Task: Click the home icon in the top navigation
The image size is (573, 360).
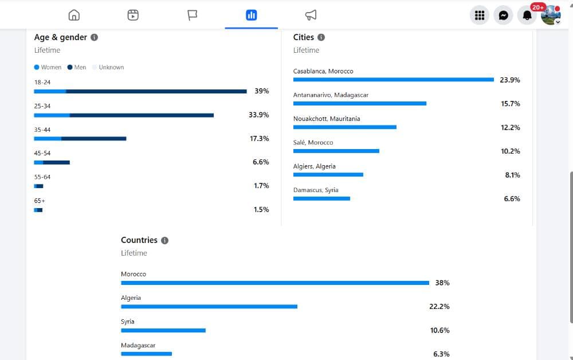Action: click(x=74, y=15)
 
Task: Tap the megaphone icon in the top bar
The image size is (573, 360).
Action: click(x=311, y=15)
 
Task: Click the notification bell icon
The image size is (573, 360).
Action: click(x=527, y=15)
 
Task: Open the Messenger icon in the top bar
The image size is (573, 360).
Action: click(x=503, y=15)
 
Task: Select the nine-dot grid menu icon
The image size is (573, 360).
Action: click(x=480, y=15)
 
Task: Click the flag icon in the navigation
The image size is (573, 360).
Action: click(x=192, y=15)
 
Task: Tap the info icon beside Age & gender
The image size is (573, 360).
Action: click(x=95, y=37)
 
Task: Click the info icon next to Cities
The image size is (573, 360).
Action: click(x=321, y=37)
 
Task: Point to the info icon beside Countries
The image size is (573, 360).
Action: click(x=165, y=241)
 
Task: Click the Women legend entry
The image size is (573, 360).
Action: click(x=48, y=67)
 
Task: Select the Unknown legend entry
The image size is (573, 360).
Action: click(x=108, y=67)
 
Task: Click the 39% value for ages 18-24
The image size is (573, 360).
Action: click(x=262, y=91)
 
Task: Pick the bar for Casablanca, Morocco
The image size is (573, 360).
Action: click(x=394, y=80)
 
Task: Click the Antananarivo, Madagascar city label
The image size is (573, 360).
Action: click(x=331, y=95)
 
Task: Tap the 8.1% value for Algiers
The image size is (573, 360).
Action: click(x=512, y=175)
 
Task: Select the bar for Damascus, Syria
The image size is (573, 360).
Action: click(x=321, y=198)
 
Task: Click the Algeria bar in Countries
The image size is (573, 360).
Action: click(x=209, y=307)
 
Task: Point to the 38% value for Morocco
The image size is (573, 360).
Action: click(x=442, y=283)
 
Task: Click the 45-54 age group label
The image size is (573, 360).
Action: click(x=42, y=153)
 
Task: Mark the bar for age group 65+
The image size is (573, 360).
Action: click(x=38, y=210)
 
